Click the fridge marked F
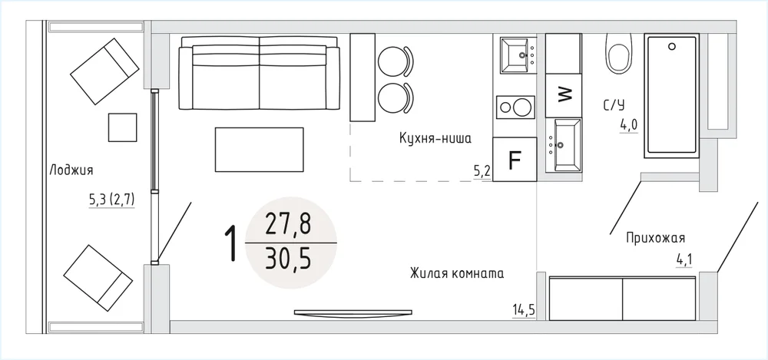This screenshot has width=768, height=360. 515,159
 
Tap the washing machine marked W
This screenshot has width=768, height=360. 563,95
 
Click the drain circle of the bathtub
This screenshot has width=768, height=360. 672,47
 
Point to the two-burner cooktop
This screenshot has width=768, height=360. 515,107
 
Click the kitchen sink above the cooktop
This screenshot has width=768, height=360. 517,55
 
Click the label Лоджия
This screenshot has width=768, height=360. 71,171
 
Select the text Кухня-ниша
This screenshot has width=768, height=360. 435,139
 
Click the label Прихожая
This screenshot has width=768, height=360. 655,238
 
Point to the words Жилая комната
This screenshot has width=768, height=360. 457,272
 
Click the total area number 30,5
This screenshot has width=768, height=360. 288,259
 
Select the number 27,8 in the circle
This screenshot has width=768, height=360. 288,226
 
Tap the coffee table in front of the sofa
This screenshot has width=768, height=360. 259,150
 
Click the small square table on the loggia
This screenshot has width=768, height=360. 122,127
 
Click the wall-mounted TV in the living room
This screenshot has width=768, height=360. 353,312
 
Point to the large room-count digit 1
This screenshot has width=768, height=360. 230,243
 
